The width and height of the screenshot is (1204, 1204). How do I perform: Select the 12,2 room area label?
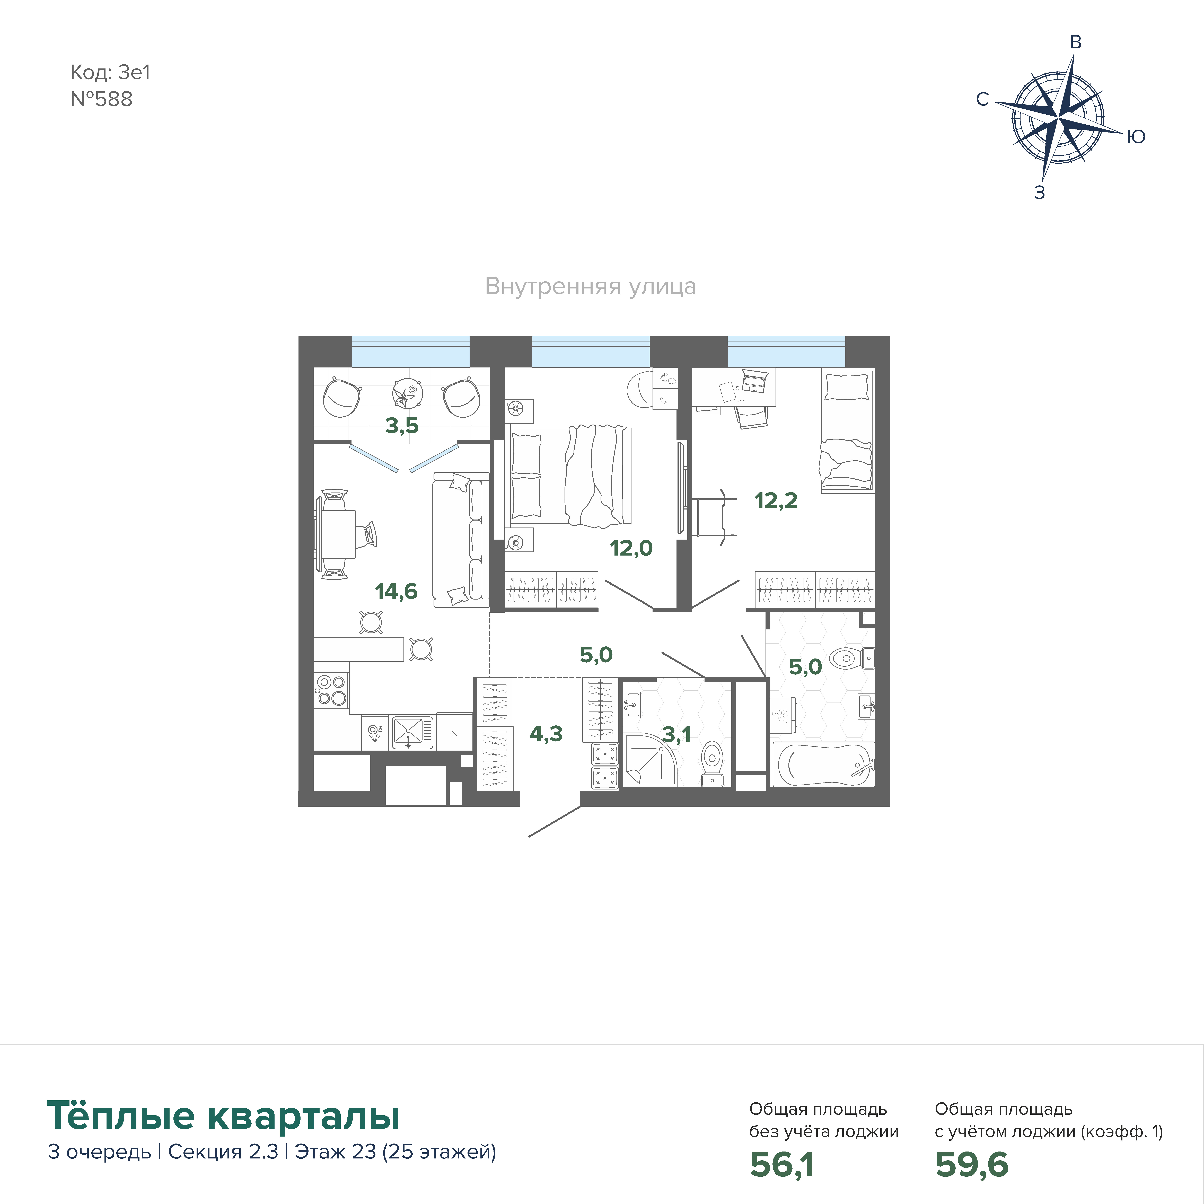(x=776, y=500)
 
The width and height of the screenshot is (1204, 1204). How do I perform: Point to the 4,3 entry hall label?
(x=546, y=734)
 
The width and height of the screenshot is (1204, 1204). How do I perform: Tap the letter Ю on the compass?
(x=1136, y=137)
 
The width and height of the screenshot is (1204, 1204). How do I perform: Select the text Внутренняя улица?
(x=590, y=287)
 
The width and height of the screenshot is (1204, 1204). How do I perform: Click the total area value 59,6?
(x=972, y=1164)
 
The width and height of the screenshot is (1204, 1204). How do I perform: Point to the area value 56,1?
(x=781, y=1164)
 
